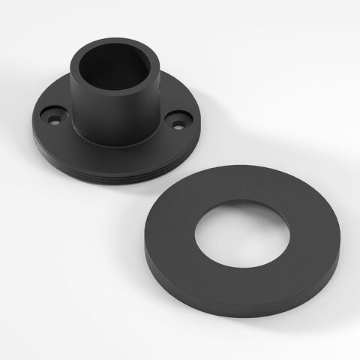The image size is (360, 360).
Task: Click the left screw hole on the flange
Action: [53, 116]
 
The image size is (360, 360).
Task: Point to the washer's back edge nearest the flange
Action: [225, 169]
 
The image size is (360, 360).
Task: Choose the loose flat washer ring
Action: [300, 270]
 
